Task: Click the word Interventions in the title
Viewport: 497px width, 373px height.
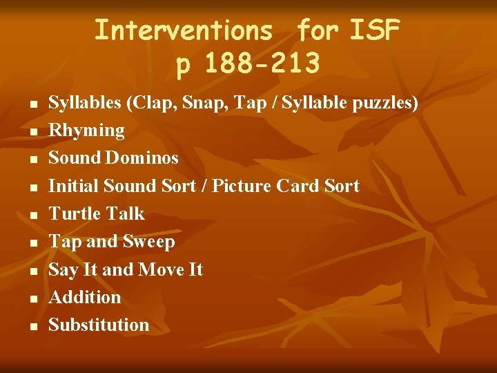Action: coord(184,30)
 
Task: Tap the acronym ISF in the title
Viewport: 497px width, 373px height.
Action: coord(376,30)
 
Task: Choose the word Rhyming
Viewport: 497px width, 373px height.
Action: coord(86,131)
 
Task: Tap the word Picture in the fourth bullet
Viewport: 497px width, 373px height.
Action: coord(242,186)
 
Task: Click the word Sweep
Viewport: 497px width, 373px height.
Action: coord(148,241)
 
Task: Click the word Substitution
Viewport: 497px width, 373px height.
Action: coord(99,325)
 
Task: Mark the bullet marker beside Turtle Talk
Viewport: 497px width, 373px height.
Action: coord(32,215)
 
